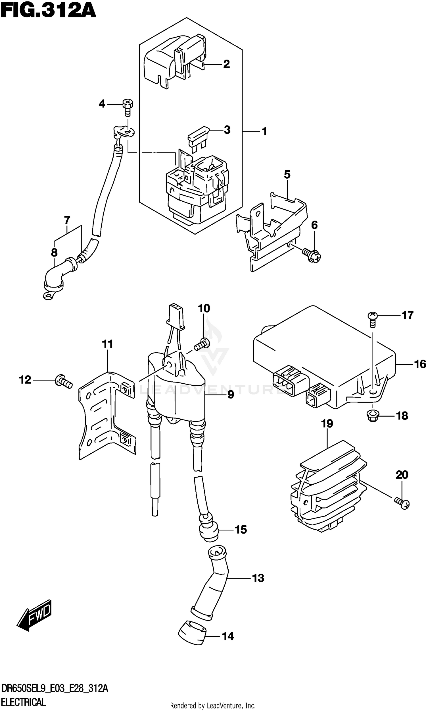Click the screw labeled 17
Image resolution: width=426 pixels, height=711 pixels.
point(372,319)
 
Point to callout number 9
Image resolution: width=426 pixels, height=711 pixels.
point(231,394)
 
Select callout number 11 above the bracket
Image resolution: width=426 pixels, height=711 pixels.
point(107,344)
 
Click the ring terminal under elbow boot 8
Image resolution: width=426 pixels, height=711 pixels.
point(49,296)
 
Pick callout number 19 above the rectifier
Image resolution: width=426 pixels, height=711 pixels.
point(327,423)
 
